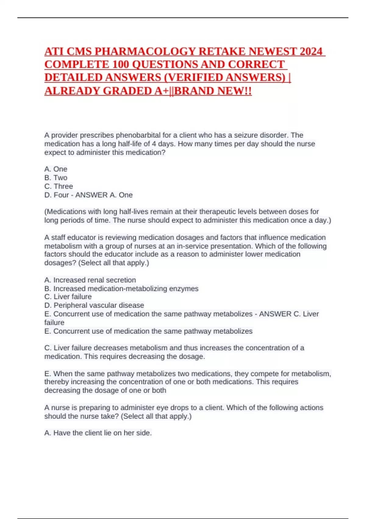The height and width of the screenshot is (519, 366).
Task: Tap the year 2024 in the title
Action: click(x=311, y=51)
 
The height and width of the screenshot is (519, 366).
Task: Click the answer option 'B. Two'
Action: click(x=56, y=178)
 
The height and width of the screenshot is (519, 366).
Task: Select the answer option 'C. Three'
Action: click(x=59, y=186)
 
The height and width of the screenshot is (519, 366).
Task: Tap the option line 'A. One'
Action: click(x=56, y=169)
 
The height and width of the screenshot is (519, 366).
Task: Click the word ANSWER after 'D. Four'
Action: click(x=90, y=195)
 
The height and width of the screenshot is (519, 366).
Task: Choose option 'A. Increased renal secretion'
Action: click(x=90, y=280)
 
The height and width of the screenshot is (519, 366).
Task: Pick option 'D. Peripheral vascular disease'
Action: click(x=94, y=305)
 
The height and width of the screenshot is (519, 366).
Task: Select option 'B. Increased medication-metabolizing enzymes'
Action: click(x=121, y=289)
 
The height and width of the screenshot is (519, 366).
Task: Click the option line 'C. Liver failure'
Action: click(x=68, y=297)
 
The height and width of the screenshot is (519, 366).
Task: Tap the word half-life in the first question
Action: click(x=134, y=144)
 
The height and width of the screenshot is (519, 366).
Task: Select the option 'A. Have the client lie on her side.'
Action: click(x=98, y=433)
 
